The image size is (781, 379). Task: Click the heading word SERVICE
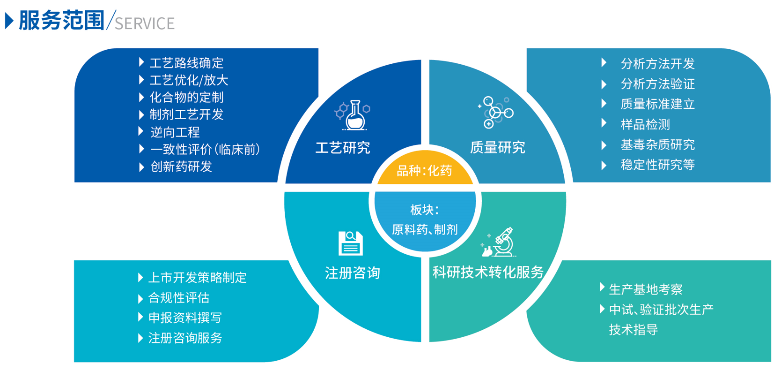[x=145, y=24]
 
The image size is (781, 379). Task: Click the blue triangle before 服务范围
[x=9, y=21]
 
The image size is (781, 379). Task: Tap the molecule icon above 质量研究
[x=495, y=112]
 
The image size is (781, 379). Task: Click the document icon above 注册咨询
[x=351, y=243]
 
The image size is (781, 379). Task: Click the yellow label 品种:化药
[x=424, y=171]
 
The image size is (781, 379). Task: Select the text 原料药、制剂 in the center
[x=425, y=229]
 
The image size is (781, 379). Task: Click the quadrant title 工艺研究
[x=343, y=148]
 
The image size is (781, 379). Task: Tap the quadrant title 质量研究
[x=498, y=147]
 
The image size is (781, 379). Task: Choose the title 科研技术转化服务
[x=488, y=272]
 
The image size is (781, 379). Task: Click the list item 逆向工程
[x=175, y=132]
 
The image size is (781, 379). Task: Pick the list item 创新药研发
[x=181, y=167]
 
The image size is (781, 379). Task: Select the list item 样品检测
[x=645, y=124]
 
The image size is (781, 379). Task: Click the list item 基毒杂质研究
[x=658, y=144]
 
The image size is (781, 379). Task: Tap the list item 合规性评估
[x=179, y=298]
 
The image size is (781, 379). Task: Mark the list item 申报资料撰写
[x=185, y=318]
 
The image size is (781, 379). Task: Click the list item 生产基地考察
[x=646, y=289]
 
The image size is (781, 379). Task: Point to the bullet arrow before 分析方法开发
[x=604, y=62]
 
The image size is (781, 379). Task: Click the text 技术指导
[x=634, y=329]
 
